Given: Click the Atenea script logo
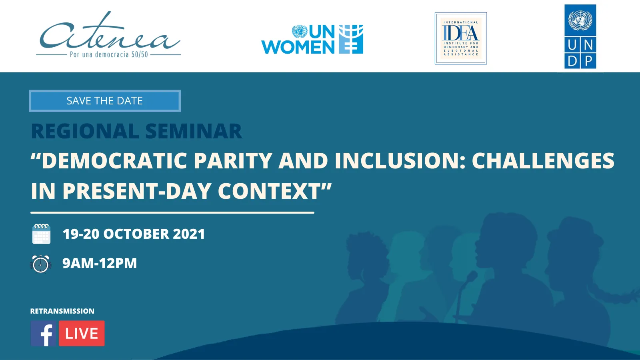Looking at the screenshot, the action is pyautogui.click(x=108, y=35).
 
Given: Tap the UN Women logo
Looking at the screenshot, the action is pyautogui.click(x=312, y=39).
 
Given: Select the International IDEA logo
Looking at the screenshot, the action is pyautogui.click(x=460, y=38).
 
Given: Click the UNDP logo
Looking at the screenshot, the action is pyautogui.click(x=580, y=36).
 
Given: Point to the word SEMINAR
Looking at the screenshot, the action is pyautogui.click(x=194, y=131).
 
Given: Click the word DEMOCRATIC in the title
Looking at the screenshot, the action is pyautogui.click(x=114, y=160).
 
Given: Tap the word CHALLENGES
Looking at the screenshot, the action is pyautogui.click(x=543, y=160).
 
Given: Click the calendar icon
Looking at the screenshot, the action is pyautogui.click(x=42, y=234).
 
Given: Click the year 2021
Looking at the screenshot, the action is pyautogui.click(x=189, y=234).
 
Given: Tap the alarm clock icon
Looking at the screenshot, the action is pyautogui.click(x=40, y=264).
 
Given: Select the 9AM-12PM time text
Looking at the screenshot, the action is pyautogui.click(x=100, y=263).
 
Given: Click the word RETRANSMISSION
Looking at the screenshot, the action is pyautogui.click(x=62, y=311).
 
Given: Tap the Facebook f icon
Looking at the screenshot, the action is pyautogui.click(x=44, y=334).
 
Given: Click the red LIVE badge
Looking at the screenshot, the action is pyautogui.click(x=82, y=334).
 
